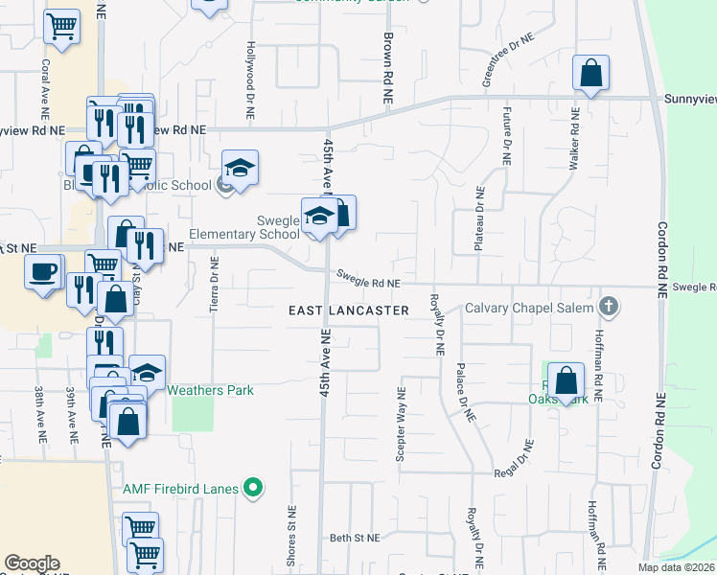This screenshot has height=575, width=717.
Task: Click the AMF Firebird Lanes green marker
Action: pos(253,489)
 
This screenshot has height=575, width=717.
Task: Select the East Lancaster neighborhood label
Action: pos(350,310)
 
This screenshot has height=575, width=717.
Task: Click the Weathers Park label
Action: pos(210,390)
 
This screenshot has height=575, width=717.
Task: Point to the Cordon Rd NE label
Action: pos(660,263)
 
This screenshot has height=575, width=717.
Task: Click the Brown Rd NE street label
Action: pos(388,68)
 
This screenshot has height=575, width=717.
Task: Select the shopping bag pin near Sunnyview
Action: pos(591,73)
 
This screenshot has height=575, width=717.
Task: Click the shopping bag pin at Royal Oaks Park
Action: pos(567,380)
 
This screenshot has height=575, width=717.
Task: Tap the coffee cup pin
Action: pos(43,272)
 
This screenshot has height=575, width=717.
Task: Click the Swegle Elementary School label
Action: pos(243,227)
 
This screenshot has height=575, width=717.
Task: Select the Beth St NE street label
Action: pos(356,539)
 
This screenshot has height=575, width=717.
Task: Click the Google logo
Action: pos(32,563)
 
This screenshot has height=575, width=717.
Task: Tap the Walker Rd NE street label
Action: pos(575,138)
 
